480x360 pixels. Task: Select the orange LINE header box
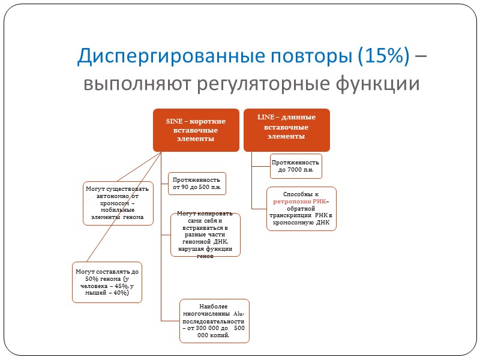287,129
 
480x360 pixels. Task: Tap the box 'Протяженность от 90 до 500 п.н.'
196,184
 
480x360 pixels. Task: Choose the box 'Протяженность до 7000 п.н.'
296,166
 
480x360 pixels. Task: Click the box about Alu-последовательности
214,321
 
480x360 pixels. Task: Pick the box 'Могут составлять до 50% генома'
107,282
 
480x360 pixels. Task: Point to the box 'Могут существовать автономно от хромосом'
117,203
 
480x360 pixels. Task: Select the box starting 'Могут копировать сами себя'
205,235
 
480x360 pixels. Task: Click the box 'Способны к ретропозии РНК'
302,208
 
